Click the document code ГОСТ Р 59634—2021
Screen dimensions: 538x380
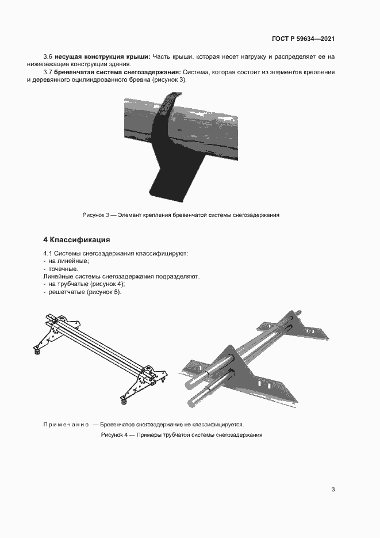303,39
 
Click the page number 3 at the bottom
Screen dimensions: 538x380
333,490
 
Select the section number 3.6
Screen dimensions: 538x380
48,56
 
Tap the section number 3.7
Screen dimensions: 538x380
48,72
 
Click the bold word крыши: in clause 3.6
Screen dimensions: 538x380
138,56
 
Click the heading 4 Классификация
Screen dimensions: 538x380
76,239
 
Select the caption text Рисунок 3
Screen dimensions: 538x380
96,215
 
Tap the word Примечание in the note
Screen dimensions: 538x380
66,425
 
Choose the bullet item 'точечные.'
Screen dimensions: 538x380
63,269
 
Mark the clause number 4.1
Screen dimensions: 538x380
48,253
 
